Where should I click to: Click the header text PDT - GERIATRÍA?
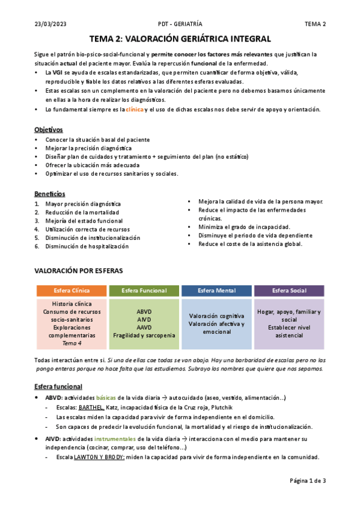[180, 24]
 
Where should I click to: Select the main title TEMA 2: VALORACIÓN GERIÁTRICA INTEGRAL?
[180, 38]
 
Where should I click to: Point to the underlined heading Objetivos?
[49, 130]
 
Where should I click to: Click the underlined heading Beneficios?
[50, 194]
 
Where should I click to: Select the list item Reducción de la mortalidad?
[82, 212]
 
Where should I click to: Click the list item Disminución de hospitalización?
[87, 247]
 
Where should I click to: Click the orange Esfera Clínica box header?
[72, 290]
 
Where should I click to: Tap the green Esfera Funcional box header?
[144, 290]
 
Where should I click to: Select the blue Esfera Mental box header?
[216, 290]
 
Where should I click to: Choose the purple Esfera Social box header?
[289, 290]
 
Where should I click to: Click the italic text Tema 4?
[72, 343]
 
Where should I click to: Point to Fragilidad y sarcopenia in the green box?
[144, 335]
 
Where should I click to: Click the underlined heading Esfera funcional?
[58, 386]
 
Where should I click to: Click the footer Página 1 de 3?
[307, 481]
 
